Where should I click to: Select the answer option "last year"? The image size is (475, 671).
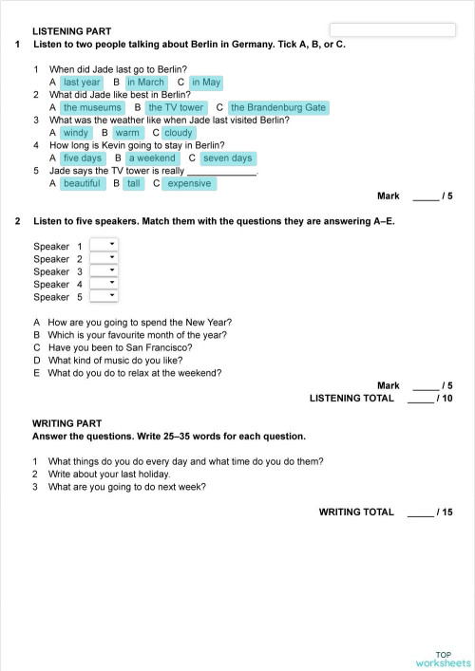[82, 83]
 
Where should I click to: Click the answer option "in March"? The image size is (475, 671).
[145, 83]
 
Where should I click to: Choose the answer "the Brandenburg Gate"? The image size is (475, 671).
[278, 108]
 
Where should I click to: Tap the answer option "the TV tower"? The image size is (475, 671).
[176, 108]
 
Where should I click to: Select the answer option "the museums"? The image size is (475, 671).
[92, 108]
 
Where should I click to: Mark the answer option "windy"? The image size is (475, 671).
[76, 134]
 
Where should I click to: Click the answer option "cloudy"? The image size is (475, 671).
[179, 134]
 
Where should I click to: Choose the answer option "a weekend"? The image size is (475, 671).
[152, 158]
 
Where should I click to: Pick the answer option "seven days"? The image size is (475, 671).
[227, 158]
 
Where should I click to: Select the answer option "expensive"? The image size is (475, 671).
[189, 184]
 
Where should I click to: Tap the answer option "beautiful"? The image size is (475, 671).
[82, 184]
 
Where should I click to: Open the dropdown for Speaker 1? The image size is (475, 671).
[103, 246]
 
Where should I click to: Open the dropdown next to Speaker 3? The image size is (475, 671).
[103, 270]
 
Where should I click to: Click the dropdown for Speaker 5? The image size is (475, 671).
[103, 296]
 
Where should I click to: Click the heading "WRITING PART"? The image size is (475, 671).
[66, 423]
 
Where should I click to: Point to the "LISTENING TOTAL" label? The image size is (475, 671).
[351, 399]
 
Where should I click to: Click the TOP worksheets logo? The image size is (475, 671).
[443, 659]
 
